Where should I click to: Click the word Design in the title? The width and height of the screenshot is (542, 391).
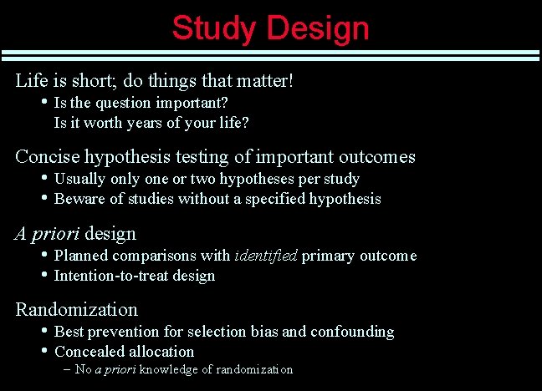318,28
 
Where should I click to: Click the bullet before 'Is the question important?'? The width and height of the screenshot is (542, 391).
44,102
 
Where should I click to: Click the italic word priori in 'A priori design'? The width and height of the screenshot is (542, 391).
58,234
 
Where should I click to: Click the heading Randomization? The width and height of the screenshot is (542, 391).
76,310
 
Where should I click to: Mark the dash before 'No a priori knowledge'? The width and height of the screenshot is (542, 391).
66,369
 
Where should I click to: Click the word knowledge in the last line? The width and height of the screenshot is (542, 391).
167,369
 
